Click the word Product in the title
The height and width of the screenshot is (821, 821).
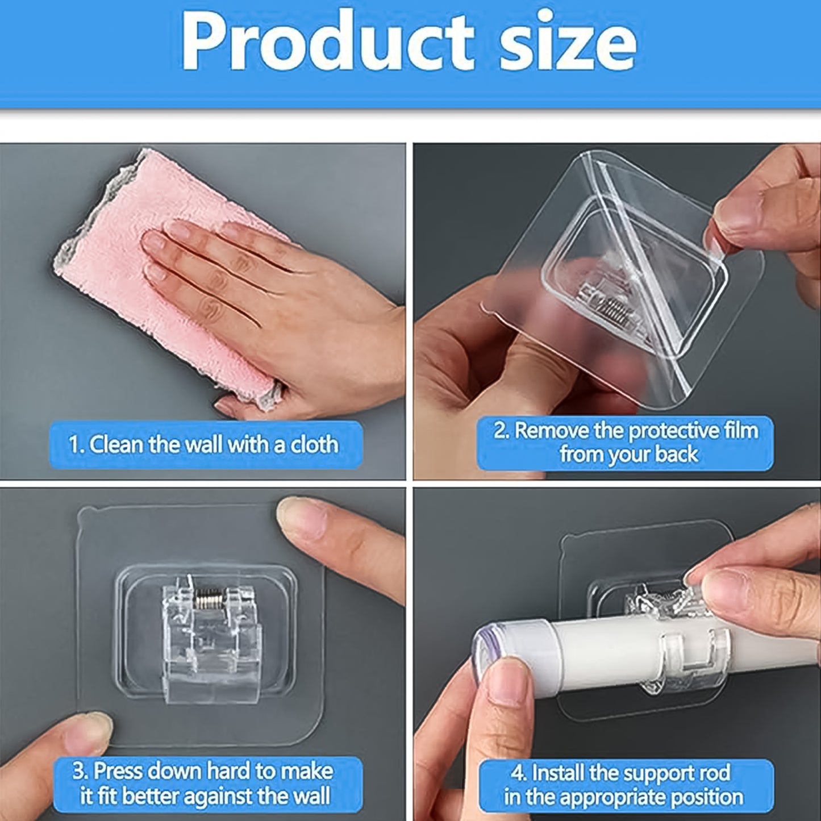coord(327,43)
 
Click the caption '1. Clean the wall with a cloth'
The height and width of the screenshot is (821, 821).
coord(205,444)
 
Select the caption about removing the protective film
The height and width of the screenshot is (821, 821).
coord(625,443)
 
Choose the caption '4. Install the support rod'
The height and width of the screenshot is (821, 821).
coord(625,785)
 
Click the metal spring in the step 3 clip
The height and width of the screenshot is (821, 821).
coord(210,597)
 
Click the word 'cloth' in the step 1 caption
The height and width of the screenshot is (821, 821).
coord(314,444)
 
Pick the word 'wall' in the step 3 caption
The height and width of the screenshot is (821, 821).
coord(307,796)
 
